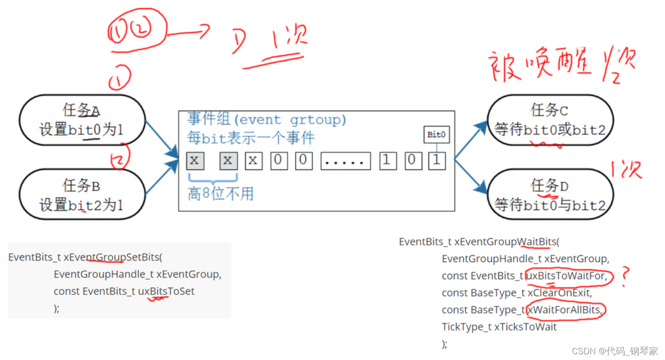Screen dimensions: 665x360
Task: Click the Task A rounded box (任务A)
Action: (82, 120)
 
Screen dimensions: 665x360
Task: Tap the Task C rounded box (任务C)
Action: (550, 120)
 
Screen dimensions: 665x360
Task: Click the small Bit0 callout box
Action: (436, 135)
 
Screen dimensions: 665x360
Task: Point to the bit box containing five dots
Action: (345, 161)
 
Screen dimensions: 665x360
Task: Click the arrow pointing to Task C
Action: (471, 139)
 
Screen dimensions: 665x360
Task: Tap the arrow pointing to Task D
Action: (471, 176)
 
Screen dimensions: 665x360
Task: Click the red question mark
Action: (626, 277)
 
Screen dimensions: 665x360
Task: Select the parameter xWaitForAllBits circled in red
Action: (565, 310)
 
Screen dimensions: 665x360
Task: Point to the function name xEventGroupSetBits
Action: (112, 258)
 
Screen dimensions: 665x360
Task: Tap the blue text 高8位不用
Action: (220, 194)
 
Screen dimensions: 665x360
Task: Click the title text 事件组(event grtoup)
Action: (267, 119)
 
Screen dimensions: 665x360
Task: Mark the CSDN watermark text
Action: (615, 351)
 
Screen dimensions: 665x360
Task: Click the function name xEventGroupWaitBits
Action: (505, 242)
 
